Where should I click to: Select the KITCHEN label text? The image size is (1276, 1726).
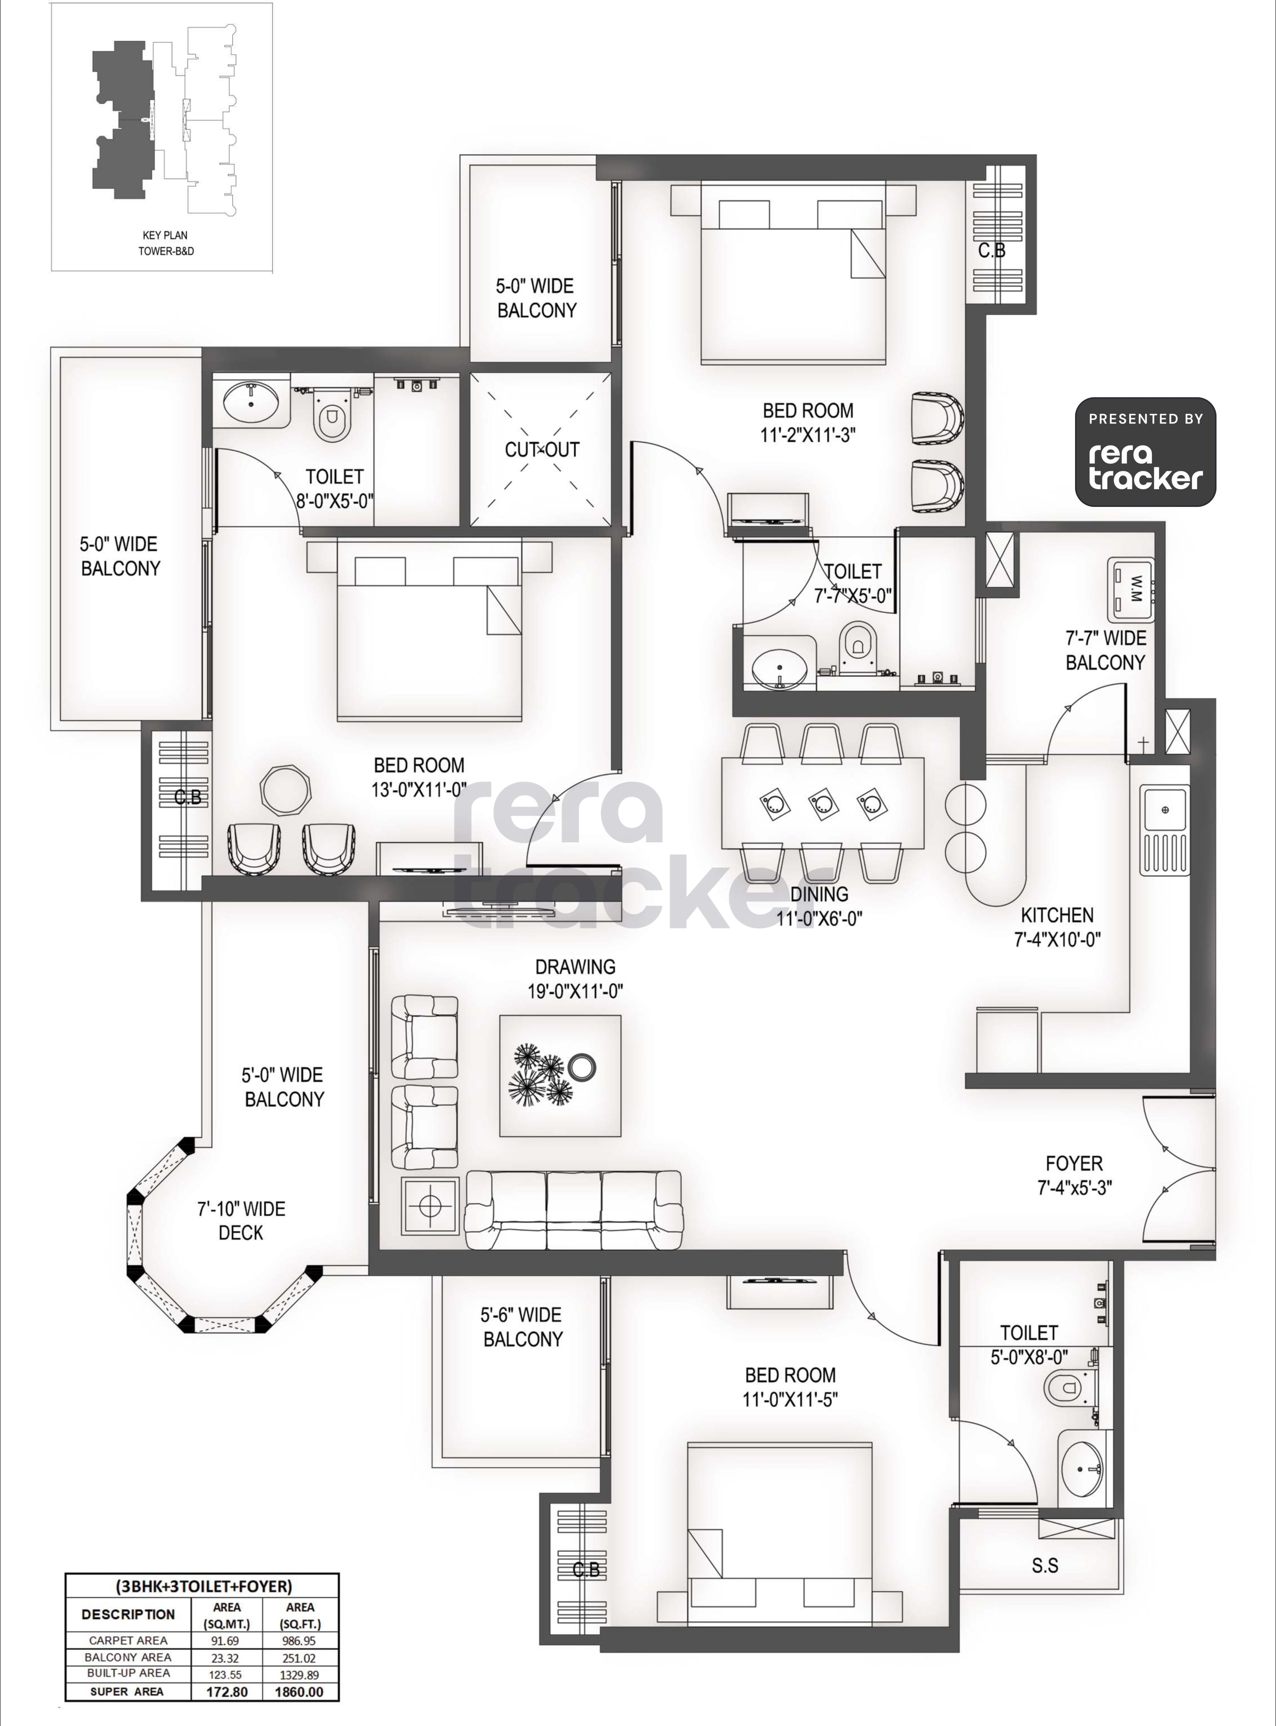pos(1057,915)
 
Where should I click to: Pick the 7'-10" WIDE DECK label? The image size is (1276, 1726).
pos(241,1221)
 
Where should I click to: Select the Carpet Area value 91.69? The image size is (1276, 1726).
pos(226,1640)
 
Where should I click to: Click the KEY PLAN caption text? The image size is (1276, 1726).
pos(165,235)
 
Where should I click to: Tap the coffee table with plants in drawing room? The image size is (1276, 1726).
pos(560,1075)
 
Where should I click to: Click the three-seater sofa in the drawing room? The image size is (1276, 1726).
pos(574,1210)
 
